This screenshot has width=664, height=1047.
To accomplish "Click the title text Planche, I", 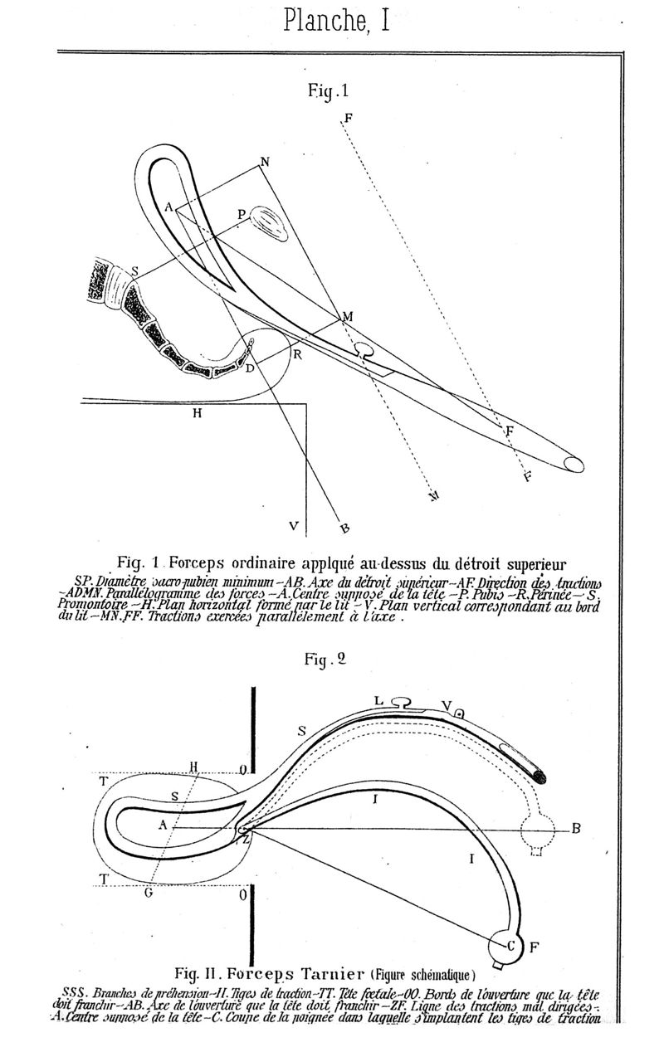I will (x=336, y=20).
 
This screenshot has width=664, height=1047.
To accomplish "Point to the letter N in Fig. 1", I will (x=264, y=163).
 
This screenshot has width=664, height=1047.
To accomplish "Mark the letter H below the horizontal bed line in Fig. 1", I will (x=197, y=413).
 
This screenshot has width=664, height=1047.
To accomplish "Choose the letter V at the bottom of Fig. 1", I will (x=293, y=525).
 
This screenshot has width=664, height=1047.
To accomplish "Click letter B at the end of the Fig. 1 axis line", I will (x=344, y=527).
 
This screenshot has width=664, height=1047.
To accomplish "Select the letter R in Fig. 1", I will (x=295, y=353).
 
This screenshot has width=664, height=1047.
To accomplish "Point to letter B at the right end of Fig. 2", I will (x=575, y=829).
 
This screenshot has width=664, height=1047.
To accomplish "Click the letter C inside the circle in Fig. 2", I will (x=511, y=945).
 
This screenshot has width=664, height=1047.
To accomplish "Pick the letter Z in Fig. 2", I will (x=246, y=840).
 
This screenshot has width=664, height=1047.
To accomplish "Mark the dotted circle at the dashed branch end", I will (x=536, y=830).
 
